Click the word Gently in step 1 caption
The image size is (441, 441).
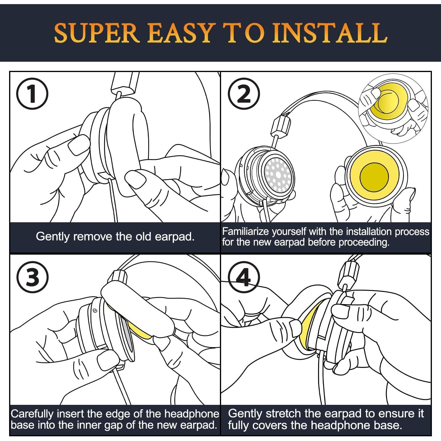click(53, 237)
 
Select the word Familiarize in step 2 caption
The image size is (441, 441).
click(245, 232)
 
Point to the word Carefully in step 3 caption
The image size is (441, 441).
click(32, 414)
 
